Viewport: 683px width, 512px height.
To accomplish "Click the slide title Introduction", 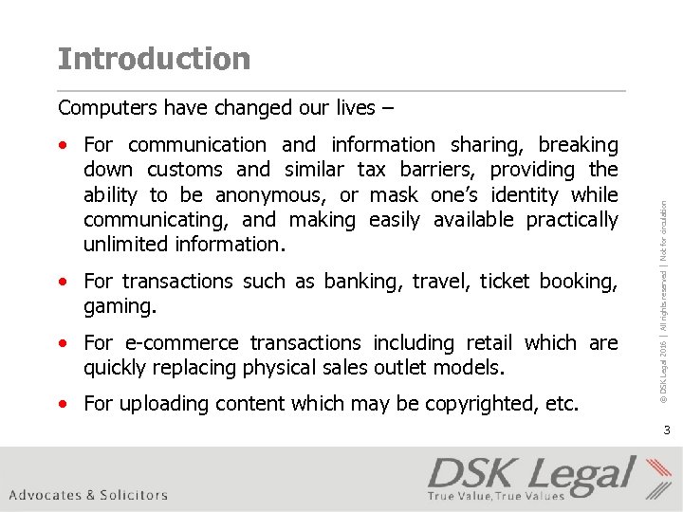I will click(154, 59).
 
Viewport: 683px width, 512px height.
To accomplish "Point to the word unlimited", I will click(126, 245).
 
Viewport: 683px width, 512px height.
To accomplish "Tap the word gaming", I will click(118, 307).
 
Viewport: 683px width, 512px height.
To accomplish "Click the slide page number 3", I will click(666, 430).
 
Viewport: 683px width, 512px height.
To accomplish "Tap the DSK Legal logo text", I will click(531, 473).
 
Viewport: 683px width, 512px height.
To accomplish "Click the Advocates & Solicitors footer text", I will click(88, 495).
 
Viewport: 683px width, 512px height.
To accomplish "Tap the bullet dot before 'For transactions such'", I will click(63, 283).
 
